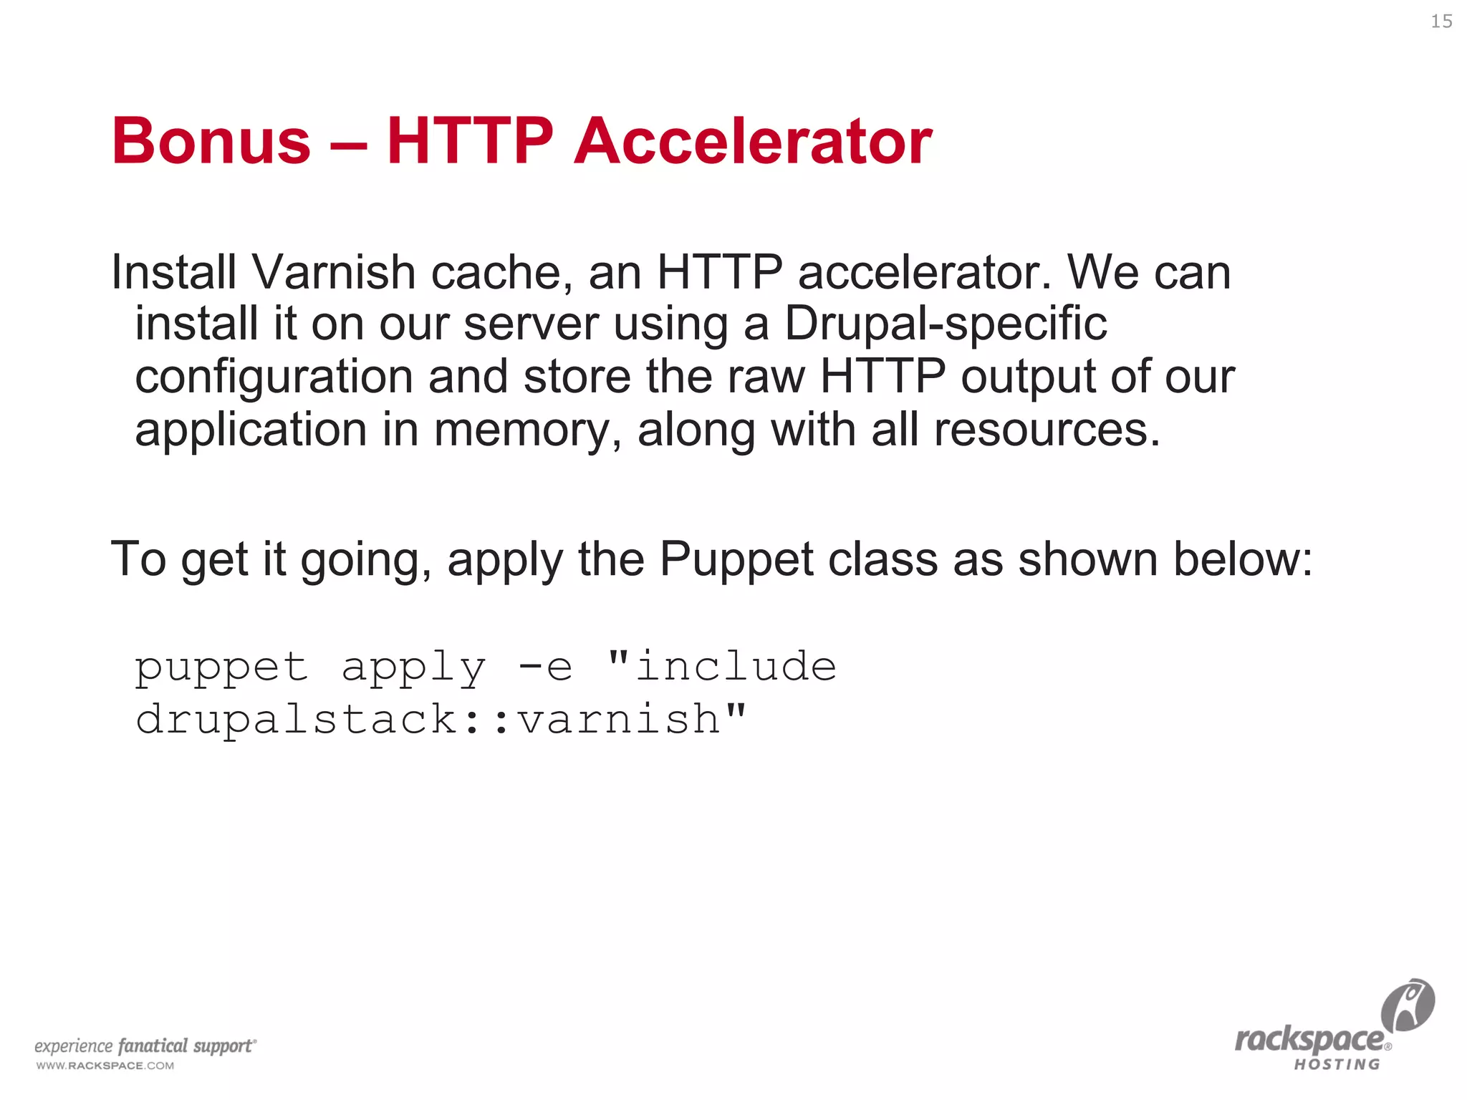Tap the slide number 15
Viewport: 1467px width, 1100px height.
pyautogui.click(x=1441, y=21)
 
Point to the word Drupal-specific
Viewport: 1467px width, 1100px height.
pyautogui.click(x=946, y=324)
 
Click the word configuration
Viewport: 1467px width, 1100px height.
pyautogui.click(x=274, y=377)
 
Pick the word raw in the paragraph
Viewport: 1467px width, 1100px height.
pyautogui.click(x=766, y=377)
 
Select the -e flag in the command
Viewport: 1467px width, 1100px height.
pyautogui.click(x=546, y=667)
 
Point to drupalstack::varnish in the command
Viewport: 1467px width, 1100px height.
pyautogui.click(x=428, y=719)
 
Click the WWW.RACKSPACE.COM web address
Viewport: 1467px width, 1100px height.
pyautogui.click(x=105, y=1066)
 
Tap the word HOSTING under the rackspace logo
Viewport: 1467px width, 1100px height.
pyautogui.click(x=1337, y=1065)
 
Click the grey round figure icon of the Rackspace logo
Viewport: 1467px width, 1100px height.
pyautogui.click(x=1408, y=1005)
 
